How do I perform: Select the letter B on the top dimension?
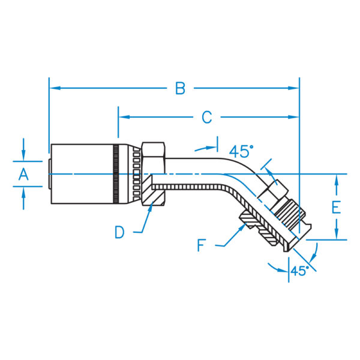pos(179,88)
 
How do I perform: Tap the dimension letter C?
pos(206,118)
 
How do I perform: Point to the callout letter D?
pos(120,232)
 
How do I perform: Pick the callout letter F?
pos(202,245)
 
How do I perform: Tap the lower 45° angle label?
pos(300,271)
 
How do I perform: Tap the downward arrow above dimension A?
pos(23,157)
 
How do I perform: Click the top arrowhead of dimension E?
pos(337,178)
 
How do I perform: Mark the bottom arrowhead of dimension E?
pos(337,235)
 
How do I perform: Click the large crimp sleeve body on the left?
pos(81,174)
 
